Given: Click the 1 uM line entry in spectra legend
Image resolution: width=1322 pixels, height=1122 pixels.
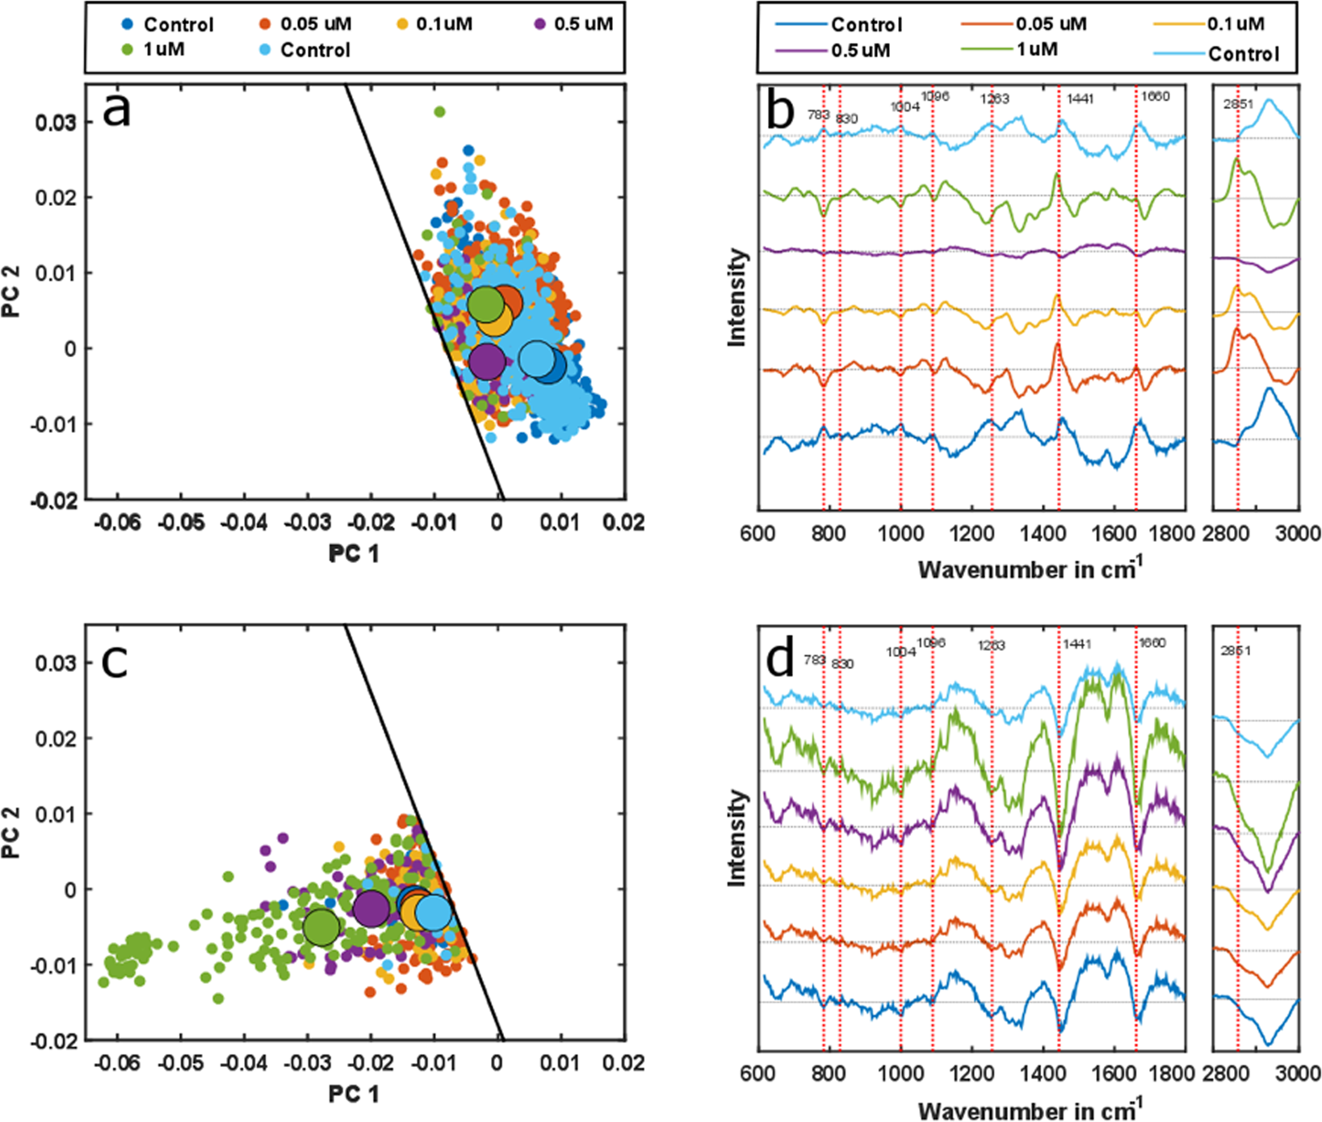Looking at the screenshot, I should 1037,50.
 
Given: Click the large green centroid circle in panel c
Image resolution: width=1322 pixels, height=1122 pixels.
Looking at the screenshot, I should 321,927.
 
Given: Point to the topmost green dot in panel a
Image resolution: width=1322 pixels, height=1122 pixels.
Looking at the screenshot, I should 439,111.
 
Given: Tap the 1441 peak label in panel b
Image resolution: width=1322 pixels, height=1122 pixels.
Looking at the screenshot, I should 1080,99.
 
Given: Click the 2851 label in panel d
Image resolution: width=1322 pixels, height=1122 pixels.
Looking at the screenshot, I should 1236,650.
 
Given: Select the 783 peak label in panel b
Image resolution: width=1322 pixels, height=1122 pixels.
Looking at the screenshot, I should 818,115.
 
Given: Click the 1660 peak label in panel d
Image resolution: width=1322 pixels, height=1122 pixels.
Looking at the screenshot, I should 1152,643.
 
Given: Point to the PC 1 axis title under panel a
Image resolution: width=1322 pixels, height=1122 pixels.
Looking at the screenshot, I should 353,553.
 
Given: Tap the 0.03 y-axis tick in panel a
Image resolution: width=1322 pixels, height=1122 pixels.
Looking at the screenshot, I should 56,123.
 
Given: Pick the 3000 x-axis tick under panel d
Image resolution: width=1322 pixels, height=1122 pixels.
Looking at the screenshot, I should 1299,1074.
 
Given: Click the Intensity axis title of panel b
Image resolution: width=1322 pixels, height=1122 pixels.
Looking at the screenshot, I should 737,297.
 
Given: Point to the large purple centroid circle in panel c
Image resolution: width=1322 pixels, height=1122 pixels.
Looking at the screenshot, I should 371,909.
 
